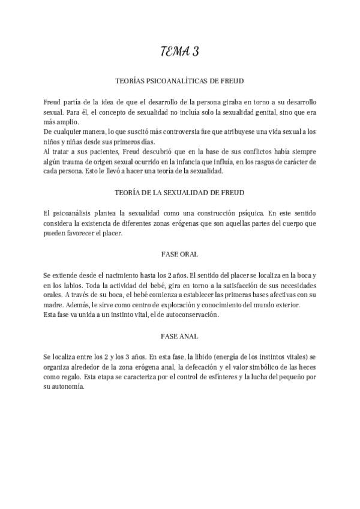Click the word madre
[x=55, y=305]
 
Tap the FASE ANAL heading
[x=179, y=337]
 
